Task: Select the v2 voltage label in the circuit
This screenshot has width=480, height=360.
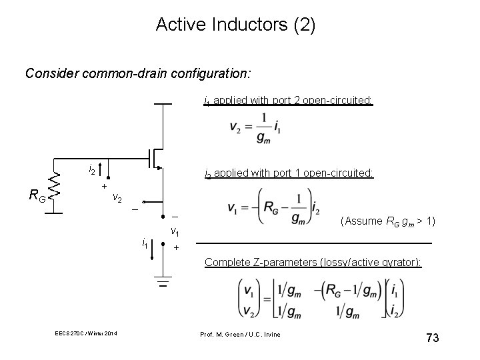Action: [x=116, y=197]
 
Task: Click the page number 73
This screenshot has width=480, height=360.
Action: [x=431, y=339]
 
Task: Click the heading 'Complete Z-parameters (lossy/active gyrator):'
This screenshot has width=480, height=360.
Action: [x=313, y=262]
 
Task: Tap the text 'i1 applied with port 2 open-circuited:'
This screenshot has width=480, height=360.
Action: [x=288, y=101]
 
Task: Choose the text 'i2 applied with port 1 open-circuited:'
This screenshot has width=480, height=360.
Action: [x=288, y=174]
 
